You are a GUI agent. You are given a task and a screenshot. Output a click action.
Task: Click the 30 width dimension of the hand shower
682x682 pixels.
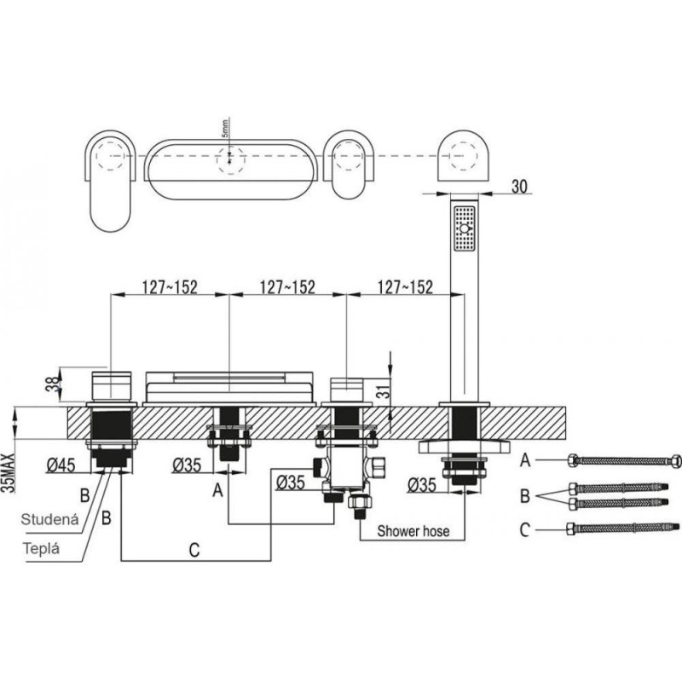519,186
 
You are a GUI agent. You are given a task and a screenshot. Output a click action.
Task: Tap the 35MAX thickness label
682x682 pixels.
9,472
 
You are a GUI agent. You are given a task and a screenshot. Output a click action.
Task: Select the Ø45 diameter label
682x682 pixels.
61,465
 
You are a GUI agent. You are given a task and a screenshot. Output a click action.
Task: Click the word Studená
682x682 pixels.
50,519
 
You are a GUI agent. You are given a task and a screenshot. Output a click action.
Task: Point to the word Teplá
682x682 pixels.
41,548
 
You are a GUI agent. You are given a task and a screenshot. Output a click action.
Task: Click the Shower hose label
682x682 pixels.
413,531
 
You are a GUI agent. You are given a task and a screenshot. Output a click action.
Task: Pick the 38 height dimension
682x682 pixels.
53,384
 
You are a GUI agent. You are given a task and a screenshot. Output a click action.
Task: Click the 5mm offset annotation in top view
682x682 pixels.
225,129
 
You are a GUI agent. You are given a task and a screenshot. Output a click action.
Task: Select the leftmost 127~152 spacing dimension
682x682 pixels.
170,287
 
